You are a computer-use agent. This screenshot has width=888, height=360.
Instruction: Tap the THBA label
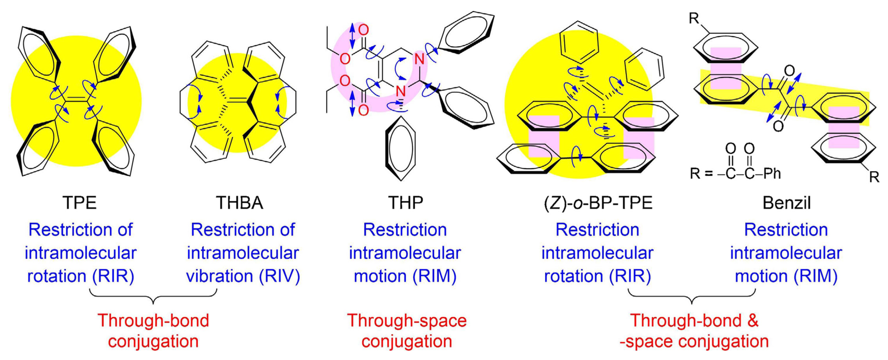click(239, 203)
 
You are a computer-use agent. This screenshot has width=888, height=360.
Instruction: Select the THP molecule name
click(405, 203)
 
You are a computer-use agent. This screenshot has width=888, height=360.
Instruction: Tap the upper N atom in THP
click(419, 59)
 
